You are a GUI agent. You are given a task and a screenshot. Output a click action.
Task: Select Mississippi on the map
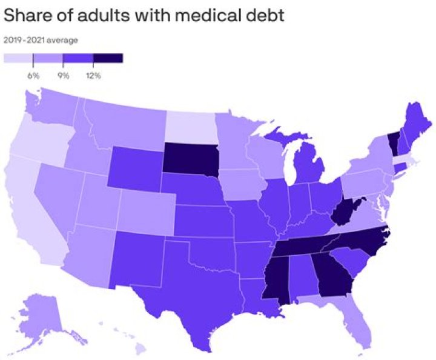coord(275,278)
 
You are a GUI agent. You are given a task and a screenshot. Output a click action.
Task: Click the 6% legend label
coord(33,76)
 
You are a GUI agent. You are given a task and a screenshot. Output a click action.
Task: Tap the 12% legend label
coord(93,76)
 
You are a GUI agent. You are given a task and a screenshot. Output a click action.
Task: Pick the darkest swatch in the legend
coord(108,58)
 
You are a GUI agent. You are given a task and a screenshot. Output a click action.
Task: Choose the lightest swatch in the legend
coord(18,58)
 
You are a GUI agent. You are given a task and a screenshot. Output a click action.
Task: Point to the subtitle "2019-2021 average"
coord(41,41)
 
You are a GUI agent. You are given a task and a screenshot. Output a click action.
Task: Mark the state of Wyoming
coord(136,168)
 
